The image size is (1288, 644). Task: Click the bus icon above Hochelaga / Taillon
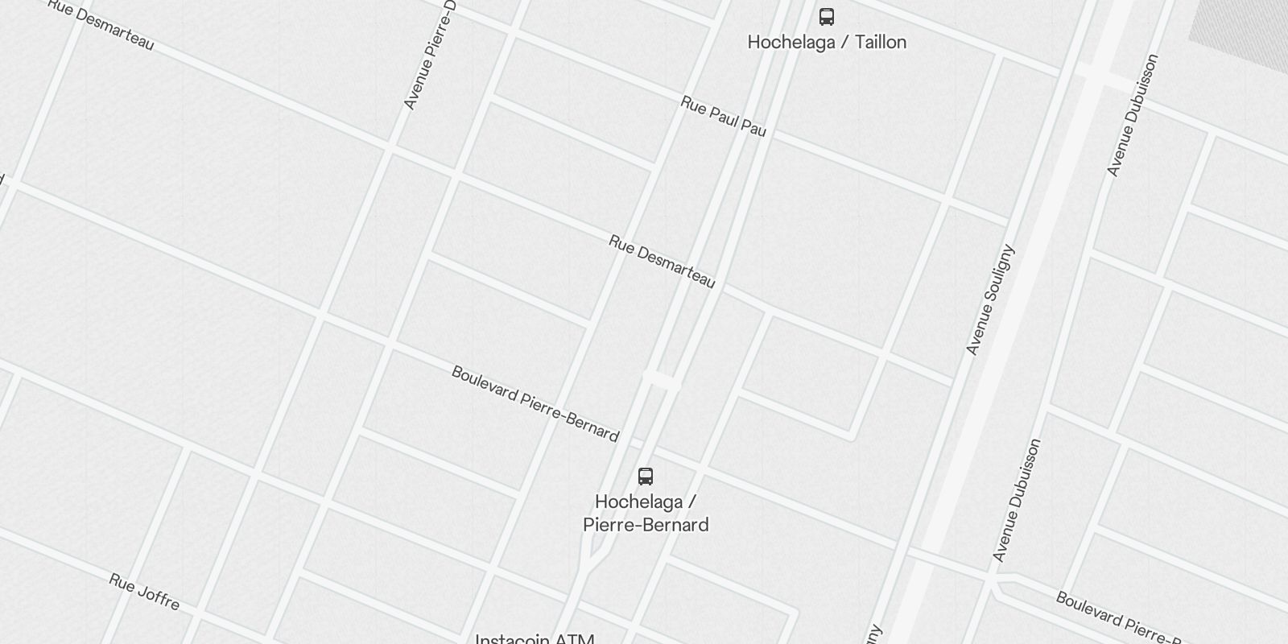coord(827,17)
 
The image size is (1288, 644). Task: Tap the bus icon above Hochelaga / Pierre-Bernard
coord(646,476)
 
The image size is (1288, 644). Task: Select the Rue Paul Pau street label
coord(723,116)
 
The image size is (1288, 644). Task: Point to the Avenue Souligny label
coord(989,299)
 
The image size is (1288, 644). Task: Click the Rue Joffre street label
coord(144,592)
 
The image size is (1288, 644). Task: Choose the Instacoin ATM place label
coord(535,639)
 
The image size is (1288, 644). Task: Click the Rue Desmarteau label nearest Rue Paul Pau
coord(662,262)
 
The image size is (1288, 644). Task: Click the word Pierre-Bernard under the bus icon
coord(646,525)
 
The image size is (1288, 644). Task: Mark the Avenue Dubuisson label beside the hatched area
coord(1132,115)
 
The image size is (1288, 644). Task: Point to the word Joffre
coord(157,597)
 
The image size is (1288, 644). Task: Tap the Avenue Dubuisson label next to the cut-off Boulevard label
coord(1017,500)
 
